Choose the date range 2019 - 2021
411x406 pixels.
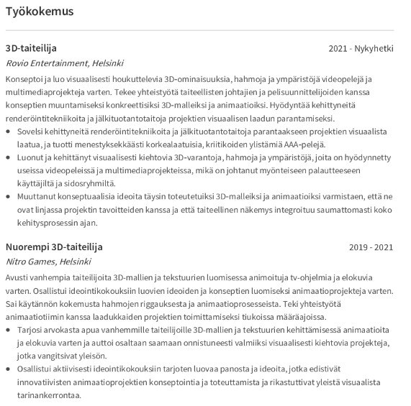click(x=371, y=247)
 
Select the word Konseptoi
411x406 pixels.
click(x=25, y=77)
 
